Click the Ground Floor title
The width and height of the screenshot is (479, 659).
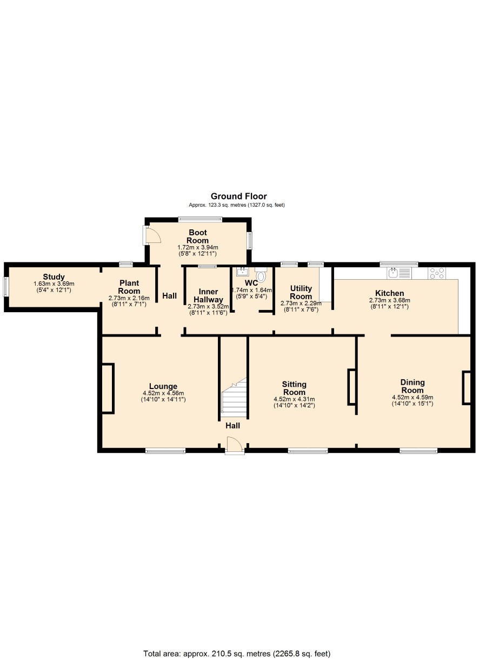point(238,196)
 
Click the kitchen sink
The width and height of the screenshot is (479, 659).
point(400,273)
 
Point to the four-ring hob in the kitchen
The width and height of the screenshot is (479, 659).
point(437,273)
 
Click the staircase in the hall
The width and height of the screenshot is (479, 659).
point(234,397)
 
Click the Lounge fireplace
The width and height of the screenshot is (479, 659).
point(108,388)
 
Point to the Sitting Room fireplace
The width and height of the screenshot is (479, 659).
point(351,387)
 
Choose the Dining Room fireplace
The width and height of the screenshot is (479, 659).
point(467,388)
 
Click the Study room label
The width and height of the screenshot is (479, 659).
point(54,277)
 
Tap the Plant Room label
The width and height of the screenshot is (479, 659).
point(129,287)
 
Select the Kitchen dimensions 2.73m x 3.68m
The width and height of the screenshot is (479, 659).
point(389,300)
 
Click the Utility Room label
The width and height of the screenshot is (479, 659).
point(301,292)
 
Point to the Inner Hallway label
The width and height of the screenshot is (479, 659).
point(208,295)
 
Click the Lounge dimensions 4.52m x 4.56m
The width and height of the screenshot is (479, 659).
point(163,393)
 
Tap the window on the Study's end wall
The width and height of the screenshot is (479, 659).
point(6,286)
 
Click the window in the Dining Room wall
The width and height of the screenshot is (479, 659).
point(418,450)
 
